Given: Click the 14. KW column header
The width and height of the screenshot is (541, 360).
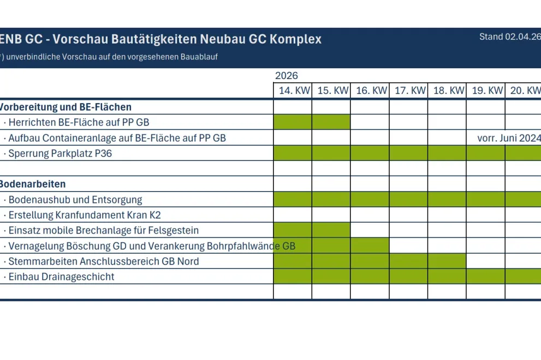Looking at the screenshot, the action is point(293,91).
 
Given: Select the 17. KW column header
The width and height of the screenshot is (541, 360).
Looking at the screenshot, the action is point(409,91).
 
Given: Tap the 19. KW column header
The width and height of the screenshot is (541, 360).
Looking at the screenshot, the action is point(486,91).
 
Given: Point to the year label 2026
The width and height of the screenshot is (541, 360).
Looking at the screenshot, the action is point(287,76).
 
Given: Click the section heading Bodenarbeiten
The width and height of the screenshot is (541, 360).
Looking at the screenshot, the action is point(33,184).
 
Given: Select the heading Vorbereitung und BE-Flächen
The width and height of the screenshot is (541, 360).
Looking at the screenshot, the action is point(66,107).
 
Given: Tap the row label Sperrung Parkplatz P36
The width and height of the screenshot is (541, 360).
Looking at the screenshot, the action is point(60,153).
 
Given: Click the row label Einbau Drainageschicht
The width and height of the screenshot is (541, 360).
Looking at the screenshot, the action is point(61,277).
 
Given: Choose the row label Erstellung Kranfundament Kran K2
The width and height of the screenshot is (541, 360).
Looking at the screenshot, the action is point(85,215).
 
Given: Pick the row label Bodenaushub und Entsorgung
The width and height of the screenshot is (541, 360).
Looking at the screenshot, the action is point(75,200).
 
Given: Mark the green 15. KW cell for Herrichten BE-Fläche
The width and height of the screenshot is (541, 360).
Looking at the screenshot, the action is point(331,122).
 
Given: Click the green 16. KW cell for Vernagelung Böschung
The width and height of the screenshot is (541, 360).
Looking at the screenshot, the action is point(370,245).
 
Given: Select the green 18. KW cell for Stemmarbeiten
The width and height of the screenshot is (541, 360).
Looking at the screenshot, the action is point(447,261).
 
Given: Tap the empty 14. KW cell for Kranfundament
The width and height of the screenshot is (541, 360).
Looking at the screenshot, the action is point(293,215).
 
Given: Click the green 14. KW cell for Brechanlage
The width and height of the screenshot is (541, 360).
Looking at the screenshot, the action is point(293,230).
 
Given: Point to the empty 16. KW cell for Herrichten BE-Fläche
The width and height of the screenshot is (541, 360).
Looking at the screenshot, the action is point(370,122).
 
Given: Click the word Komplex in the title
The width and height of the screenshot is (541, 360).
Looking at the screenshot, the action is point(295,39).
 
